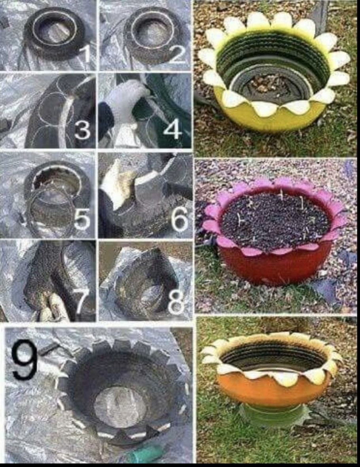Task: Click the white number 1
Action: pyautogui.click(x=84, y=53)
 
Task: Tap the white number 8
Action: pyautogui.click(x=176, y=303)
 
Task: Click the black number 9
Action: pyautogui.click(x=25, y=360)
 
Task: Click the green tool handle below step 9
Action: pyautogui.click(x=144, y=454)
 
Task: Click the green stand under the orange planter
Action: pyautogui.click(x=274, y=416)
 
